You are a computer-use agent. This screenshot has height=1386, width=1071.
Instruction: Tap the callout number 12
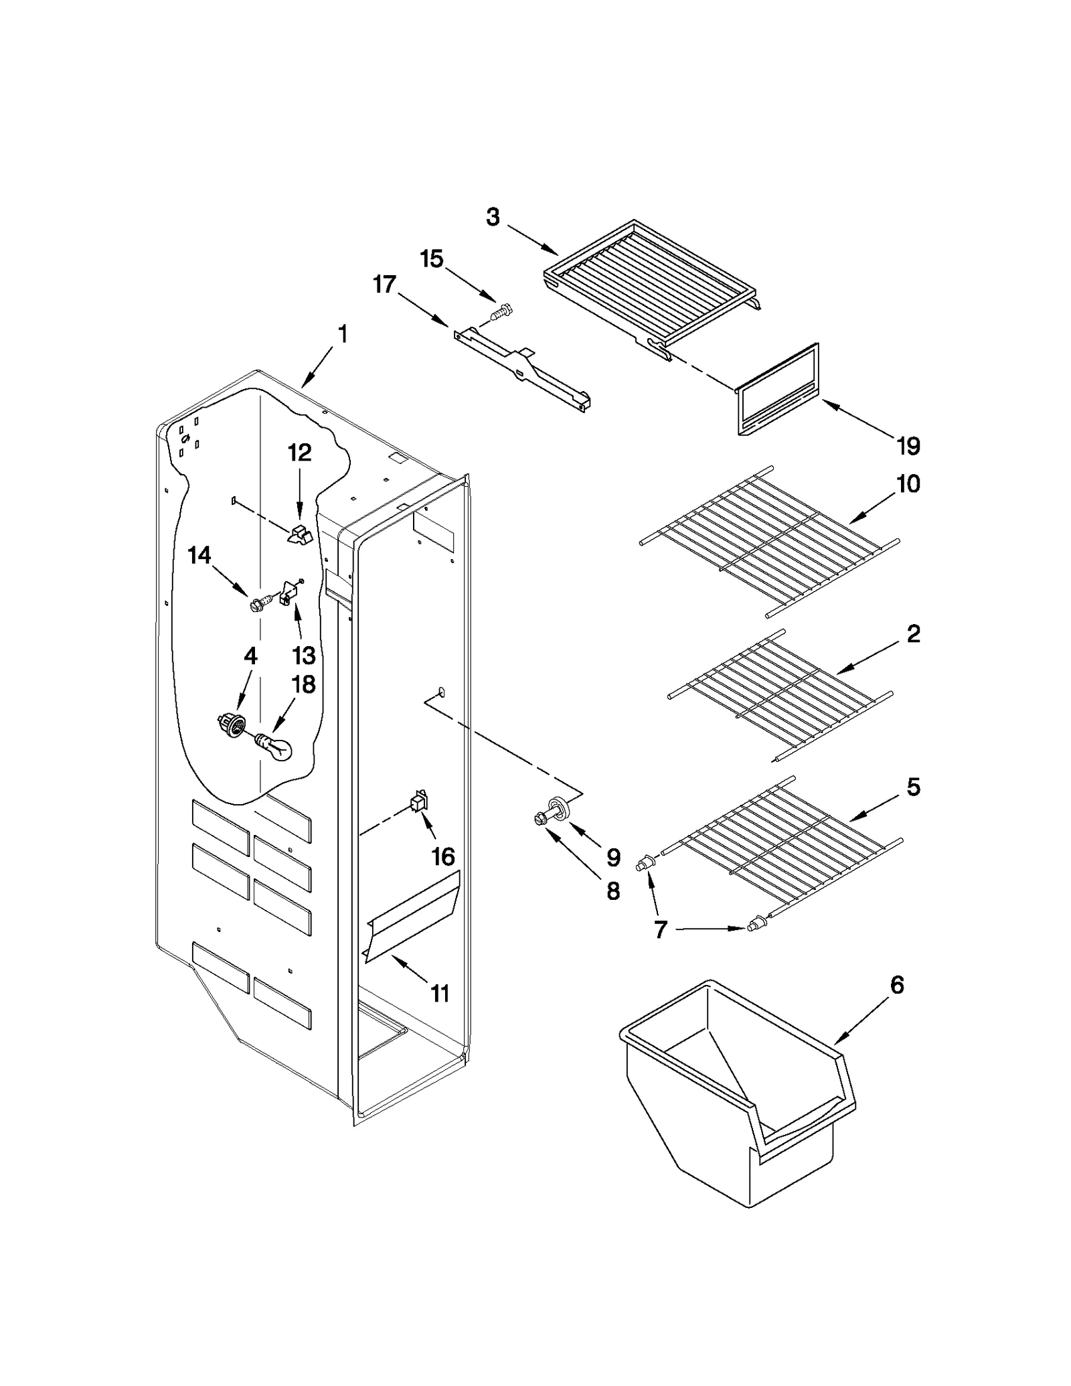(299, 453)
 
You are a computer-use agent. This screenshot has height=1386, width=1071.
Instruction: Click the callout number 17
(384, 285)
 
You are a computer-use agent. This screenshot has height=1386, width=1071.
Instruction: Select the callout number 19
(908, 446)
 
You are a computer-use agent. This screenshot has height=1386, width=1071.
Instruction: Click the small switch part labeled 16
(419, 801)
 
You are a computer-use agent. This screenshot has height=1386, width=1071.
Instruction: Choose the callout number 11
(439, 993)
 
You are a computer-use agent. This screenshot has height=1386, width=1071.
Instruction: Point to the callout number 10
(908, 483)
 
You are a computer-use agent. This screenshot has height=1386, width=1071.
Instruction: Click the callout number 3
(493, 217)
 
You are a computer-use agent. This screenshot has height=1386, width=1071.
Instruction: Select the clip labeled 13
(289, 592)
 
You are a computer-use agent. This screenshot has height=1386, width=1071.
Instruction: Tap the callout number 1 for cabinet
(342, 334)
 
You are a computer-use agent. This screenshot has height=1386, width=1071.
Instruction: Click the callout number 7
(660, 930)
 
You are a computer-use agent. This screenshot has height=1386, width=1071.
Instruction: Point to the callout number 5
(913, 787)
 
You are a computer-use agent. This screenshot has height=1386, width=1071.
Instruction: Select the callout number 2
(913, 633)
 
